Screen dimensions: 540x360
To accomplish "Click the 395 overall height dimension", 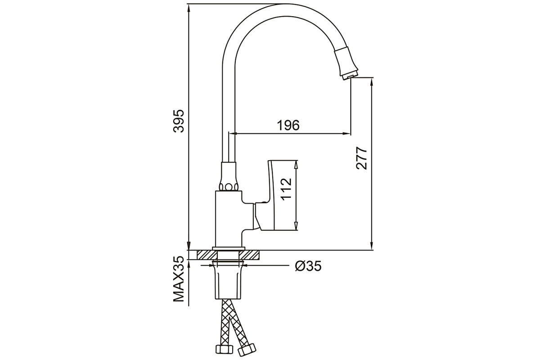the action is (x=179, y=121).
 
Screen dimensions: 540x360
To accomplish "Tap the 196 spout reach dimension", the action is (x=288, y=126).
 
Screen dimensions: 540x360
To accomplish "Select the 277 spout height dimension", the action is (x=361, y=158).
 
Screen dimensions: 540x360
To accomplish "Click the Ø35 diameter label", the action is (x=308, y=266).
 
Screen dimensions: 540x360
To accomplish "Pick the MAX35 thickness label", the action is (x=179, y=279).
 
